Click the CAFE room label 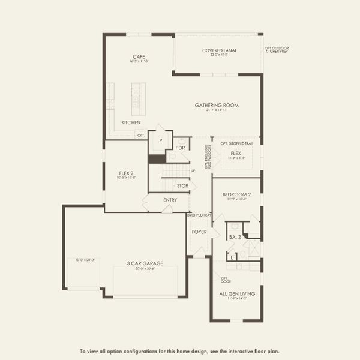140,57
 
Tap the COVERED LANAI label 218,50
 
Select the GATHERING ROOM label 217,105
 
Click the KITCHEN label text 131,122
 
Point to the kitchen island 138,99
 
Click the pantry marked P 160,140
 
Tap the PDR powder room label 180,148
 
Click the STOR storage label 182,186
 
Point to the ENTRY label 170,200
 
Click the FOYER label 199,231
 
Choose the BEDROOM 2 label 236,195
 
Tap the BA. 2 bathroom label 234,238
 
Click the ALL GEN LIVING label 236,293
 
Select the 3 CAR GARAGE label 142,263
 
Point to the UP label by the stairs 193,171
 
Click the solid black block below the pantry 157,158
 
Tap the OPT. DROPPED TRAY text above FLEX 236,143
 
